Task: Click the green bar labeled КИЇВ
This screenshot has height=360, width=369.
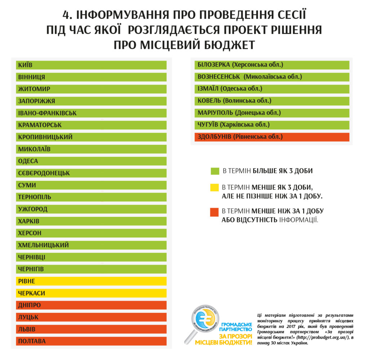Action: coord(91,65)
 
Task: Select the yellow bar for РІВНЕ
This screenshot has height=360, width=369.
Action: coord(91,281)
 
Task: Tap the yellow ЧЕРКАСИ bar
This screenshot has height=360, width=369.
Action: coord(91,293)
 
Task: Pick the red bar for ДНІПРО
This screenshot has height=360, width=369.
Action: coord(91,305)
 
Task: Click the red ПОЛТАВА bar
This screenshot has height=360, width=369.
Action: coord(91,341)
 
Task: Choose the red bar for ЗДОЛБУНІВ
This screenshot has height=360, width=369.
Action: coord(272,137)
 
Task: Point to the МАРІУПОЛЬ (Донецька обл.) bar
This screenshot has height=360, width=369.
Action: coord(272,113)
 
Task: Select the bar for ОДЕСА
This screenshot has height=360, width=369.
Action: coord(91,161)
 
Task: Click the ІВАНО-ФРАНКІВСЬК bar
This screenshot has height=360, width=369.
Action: coord(91,113)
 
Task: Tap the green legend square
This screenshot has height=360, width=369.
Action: coord(215,171)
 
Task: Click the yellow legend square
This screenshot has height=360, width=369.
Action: coord(215,187)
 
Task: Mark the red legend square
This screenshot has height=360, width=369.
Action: coord(215,212)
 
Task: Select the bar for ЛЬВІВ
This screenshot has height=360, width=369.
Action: coord(91,329)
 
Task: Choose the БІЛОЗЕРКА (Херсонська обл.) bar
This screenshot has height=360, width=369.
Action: coord(272,65)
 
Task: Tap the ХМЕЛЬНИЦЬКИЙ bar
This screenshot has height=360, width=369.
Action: coord(91,245)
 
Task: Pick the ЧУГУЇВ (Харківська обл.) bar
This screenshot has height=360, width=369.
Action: coord(272,125)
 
